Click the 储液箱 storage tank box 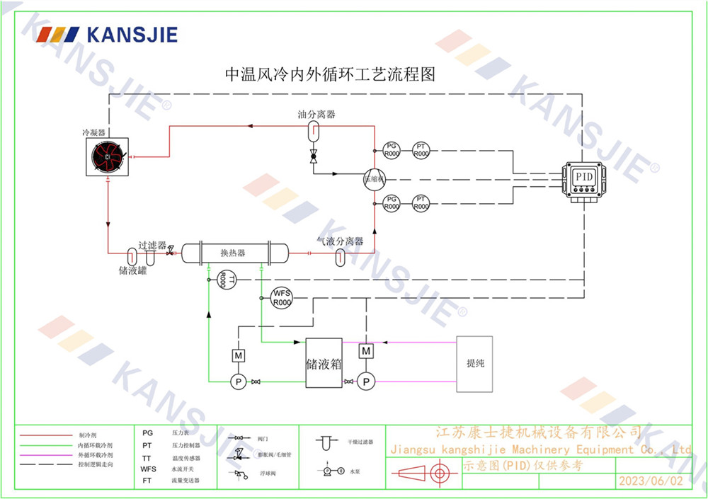click(324, 362)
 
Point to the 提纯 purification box click(474, 364)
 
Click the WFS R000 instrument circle click(282, 297)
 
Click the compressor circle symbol click(374, 180)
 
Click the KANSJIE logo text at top click(132, 34)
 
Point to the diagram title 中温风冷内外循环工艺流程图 click(329, 74)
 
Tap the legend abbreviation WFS click(148, 469)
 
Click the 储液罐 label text click(132, 270)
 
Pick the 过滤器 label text click(152, 245)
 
